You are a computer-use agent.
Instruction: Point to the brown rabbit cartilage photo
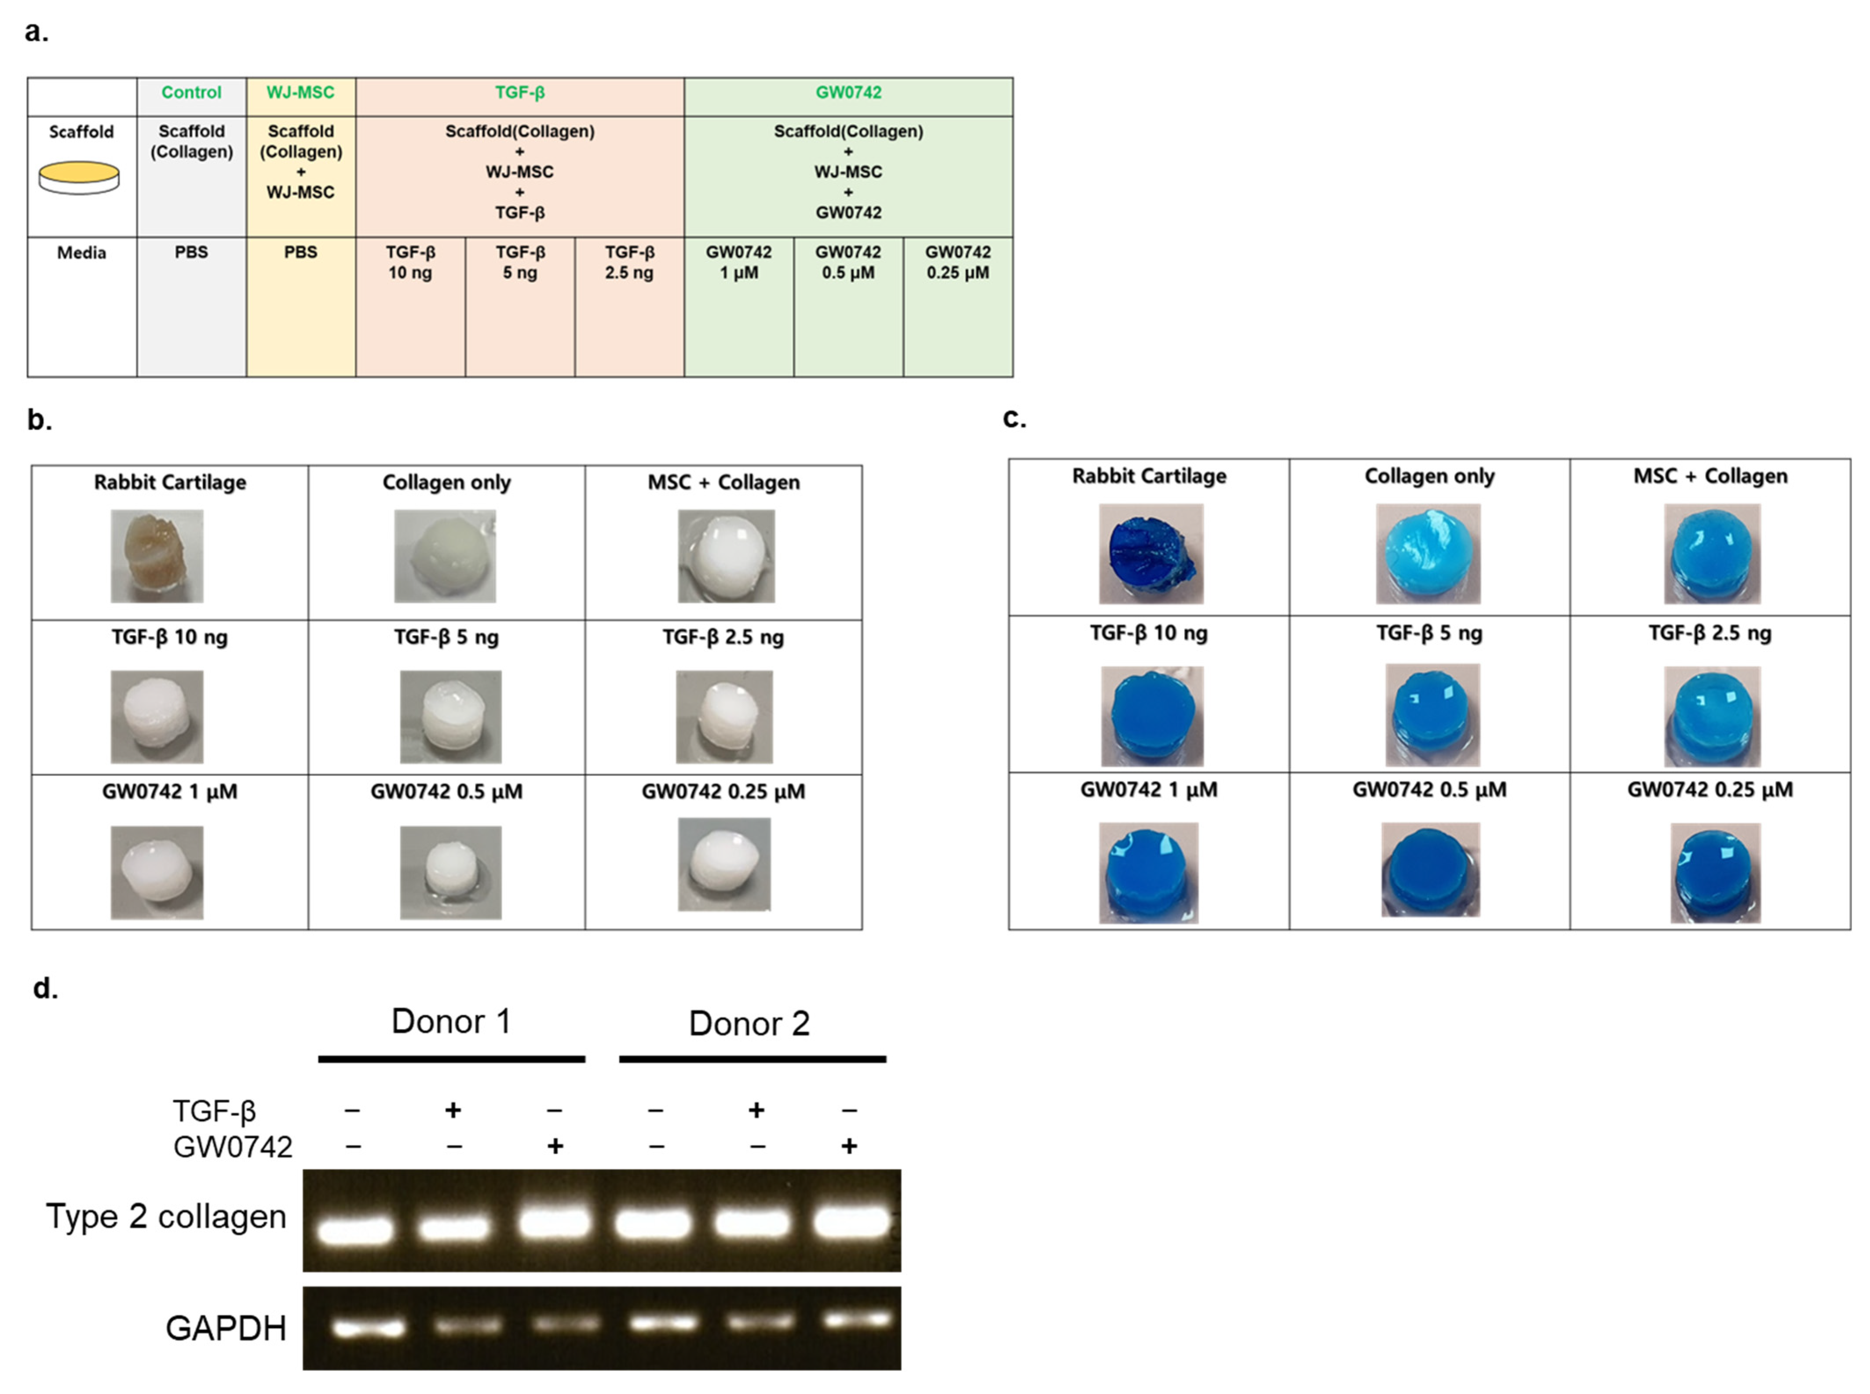pyautogui.click(x=157, y=555)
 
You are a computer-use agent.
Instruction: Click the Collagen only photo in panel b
pyautogui.click(x=445, y=555)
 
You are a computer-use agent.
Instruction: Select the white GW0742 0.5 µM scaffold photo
pyautogui.click(x=450, y=872)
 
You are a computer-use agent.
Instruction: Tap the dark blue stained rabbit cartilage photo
pyautogui.click(x=1150, y=553)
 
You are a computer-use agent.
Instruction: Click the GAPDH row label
pyautogui.click(x=226, y=1327)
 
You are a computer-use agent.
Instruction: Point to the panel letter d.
pyautogui.click(x=45, y=987)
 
